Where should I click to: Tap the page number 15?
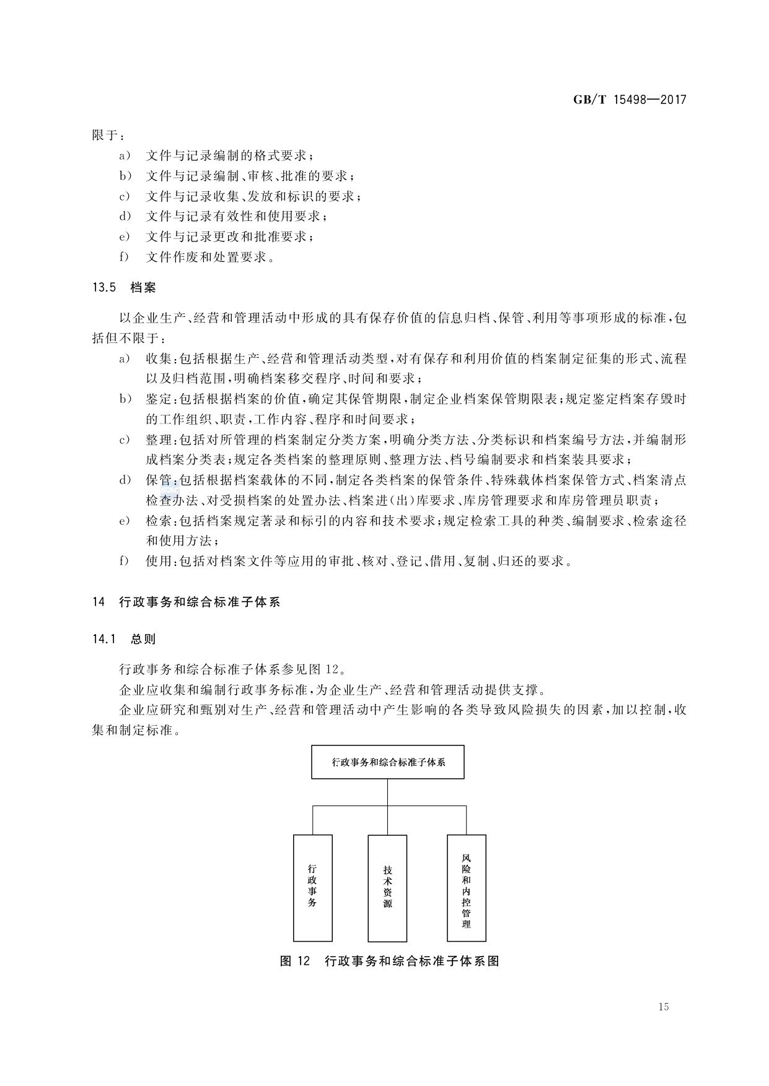pyautogui.click(x=664, y=1007)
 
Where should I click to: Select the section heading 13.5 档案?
pyautogui.click(x=124, y=287)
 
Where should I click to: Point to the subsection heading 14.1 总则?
pyautogui.click(x=124, y=639)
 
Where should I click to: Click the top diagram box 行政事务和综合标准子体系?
pyautogui.click(x=387, y=762)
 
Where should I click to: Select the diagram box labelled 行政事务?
pyautogui.click(x=312, y=887)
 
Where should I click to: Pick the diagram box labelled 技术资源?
pyautogui.click(x=387, y=887)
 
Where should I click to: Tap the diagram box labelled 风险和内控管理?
pyautogui.click(x=466, y=887)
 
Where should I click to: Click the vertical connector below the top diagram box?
pyautogui.click(x=387, y=793)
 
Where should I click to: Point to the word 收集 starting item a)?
pyautogui.click(x=159, y=358)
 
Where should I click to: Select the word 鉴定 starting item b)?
pyautogui.click(x=159, y=399)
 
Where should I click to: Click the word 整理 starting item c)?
pyautogui.click(x=159, y=440)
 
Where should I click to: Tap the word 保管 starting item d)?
pyautogui.click(x=159, y=480)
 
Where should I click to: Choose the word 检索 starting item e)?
pyautogui.click(x=159, y=521)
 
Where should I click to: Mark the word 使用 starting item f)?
pyautogui.click(x=159, y=561)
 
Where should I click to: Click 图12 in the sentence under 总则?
pyautogui.click(x=323, y=669)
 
